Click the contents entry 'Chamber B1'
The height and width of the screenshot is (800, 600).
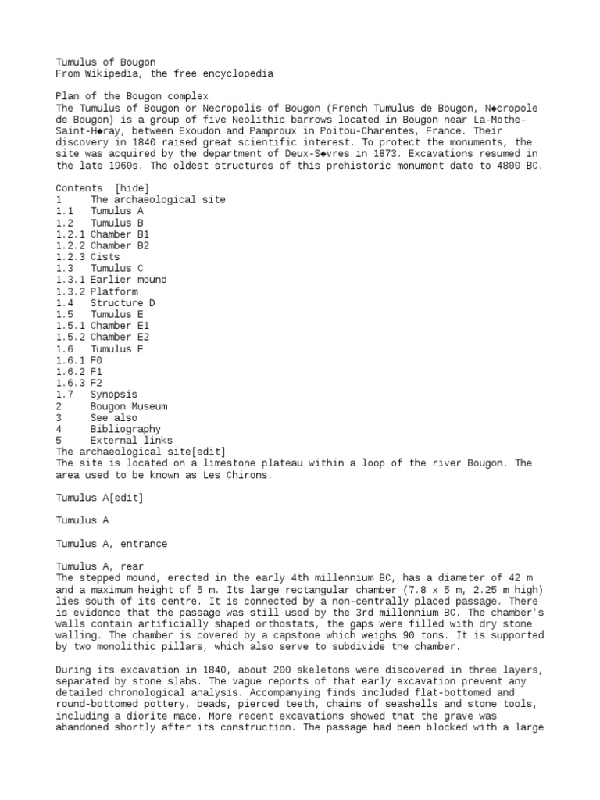[x=120, y=234]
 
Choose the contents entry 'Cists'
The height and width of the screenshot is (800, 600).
[x=105, y=257]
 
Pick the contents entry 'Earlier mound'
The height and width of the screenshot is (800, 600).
[x=128, y=280]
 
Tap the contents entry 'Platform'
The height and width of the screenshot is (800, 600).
[x=114, y=291]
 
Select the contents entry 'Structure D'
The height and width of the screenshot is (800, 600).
[x=122, y=303]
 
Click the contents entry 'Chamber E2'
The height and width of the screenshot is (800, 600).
[x=120, y=337]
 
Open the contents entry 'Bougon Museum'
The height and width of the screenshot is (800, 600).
[x=128, y=406]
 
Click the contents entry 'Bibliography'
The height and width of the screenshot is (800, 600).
[x=125, y=429]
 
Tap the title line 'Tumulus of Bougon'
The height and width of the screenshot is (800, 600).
[x=105, y=62]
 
